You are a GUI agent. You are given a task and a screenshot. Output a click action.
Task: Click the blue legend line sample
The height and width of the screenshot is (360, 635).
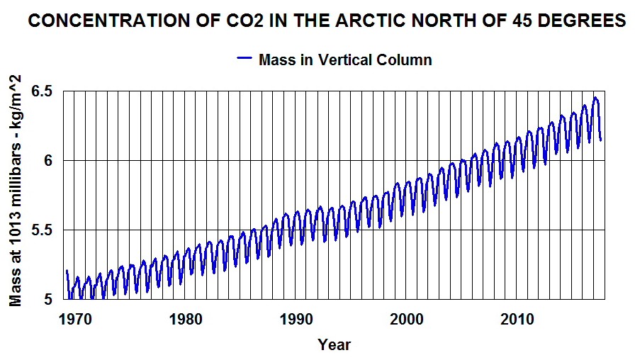245,60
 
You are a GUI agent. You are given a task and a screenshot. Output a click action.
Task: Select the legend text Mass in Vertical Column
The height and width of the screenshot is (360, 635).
345,60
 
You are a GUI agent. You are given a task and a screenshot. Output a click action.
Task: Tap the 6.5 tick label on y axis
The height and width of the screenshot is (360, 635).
43,91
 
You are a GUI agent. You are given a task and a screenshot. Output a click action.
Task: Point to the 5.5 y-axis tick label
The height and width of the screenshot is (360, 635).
43,230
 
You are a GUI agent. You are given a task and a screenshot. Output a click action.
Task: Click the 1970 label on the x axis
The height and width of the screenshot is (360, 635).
74,319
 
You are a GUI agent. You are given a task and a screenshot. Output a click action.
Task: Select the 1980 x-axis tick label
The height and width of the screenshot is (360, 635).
185,319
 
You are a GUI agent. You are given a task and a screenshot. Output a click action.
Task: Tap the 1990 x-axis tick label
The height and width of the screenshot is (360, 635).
296,319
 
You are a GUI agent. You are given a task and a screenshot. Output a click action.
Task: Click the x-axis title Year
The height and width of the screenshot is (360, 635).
334,345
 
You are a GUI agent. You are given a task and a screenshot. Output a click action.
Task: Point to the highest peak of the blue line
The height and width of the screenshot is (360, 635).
595,98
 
